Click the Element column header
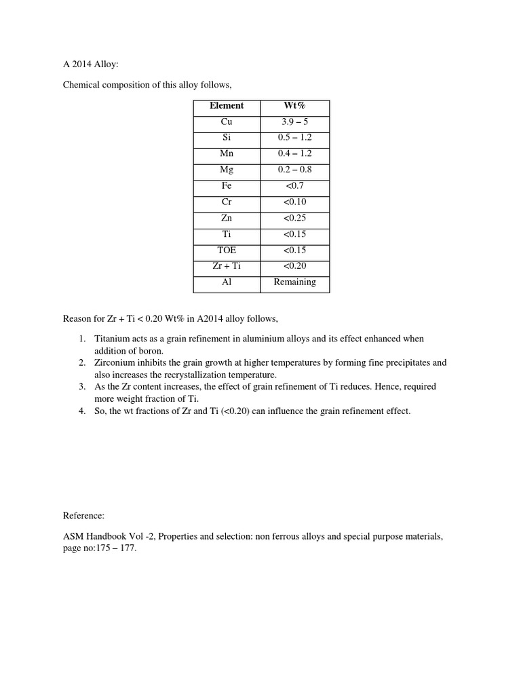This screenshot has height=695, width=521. pos(227,106)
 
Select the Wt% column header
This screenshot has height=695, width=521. pos(294,106)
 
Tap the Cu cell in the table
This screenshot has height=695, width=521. pos(227,122)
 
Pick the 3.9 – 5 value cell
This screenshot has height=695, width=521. pos(294,122)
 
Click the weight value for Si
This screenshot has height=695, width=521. pos(294,138)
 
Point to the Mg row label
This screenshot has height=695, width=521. pos(227,170)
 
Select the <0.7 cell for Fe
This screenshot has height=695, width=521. pos(294,186)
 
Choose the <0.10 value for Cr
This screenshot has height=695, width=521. pos(294,202)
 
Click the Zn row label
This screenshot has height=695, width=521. pos(227,218)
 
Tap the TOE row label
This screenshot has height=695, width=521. pos(227,250)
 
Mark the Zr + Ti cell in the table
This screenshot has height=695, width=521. pos(227,266)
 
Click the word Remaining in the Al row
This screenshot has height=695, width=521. pos(294,282)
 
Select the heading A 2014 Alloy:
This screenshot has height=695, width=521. pos(91,65)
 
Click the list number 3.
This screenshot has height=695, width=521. pos(81,387)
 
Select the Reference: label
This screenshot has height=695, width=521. pos(84,516)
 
